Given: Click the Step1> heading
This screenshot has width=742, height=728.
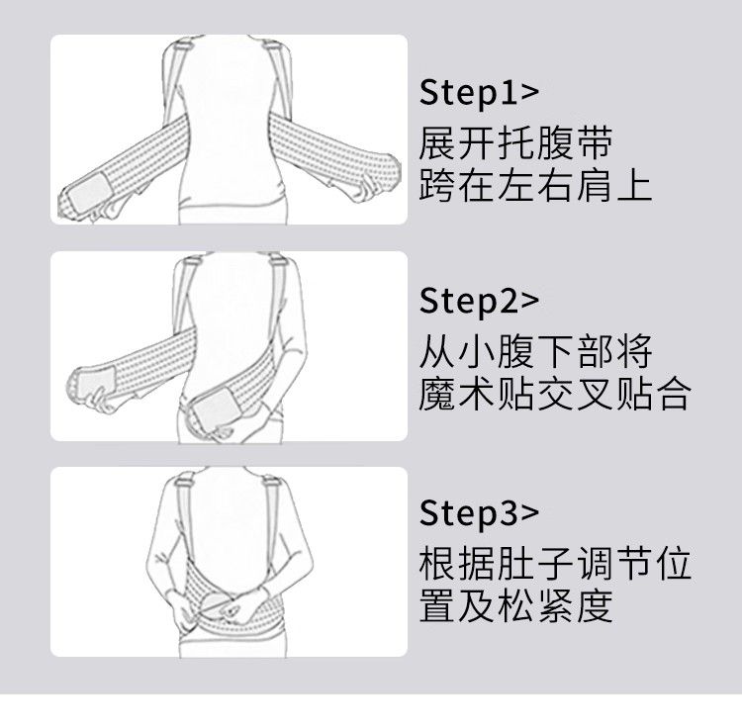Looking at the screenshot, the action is pos(479,93).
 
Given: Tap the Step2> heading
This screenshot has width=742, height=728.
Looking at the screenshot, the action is pos(479,302).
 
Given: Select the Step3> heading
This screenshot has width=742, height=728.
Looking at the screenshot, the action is pos(479,512).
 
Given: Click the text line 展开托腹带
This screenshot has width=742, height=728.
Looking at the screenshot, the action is pos(515,142).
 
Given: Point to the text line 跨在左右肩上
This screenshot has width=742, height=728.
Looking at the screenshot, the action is pos(535,186).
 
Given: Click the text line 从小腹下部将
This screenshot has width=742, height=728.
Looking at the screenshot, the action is pos(535,351).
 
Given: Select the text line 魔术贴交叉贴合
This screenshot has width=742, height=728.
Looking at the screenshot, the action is pos(555,393).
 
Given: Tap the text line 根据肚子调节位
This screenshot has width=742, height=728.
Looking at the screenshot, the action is pos(555,563).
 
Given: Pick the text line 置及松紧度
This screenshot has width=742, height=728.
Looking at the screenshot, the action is pos(515,605).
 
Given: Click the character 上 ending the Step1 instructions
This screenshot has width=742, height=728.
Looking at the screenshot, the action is pos(634,186).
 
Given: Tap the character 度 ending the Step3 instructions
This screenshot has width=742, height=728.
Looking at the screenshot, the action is pos(596,605).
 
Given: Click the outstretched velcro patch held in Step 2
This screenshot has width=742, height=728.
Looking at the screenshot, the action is pos(97,380).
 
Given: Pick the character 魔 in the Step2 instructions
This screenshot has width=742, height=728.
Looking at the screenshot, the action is pos(436,393).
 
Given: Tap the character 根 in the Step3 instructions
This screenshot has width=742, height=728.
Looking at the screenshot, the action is pos(436,563).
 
